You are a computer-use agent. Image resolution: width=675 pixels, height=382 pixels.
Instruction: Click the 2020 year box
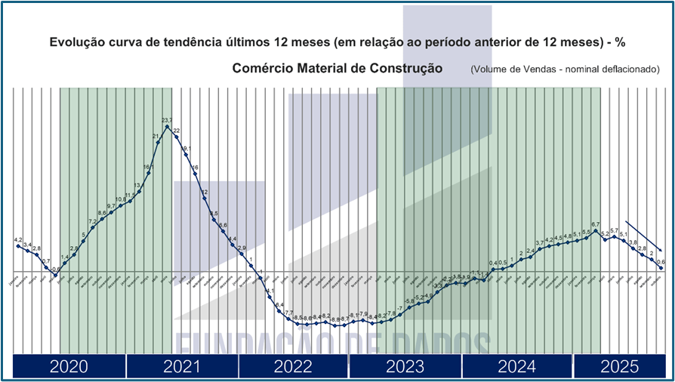tap(69, 367)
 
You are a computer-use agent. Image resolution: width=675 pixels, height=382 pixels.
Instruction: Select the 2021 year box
tap(181, 367)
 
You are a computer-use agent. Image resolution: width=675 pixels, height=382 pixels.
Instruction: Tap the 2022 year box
tap(293, 367)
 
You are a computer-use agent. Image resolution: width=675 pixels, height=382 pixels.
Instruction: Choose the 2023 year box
tap(405, 367)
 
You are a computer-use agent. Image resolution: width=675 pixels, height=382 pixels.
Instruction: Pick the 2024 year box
tap(517, 367)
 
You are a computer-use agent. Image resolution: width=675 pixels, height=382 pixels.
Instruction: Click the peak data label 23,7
tap(168, 120)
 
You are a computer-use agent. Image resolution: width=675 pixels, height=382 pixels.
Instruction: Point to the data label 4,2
tap(19, 240)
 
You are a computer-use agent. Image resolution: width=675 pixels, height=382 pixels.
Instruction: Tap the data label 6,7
tap(596, 224)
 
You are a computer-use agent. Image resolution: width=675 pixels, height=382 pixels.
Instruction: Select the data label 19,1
tap(186, 149)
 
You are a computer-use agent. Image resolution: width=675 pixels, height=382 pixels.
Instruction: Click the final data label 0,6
tap(661, 261)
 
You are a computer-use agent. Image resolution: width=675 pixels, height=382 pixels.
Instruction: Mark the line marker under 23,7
tap(168, 127)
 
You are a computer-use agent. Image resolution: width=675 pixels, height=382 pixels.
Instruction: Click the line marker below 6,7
tap(596, 231)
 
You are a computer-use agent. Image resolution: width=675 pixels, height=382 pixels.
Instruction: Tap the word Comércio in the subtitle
tap(262, 68)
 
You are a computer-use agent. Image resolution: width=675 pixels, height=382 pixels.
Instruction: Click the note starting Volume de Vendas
tap(565, 69)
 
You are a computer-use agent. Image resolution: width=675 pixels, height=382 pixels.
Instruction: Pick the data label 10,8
tap(121, 199)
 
